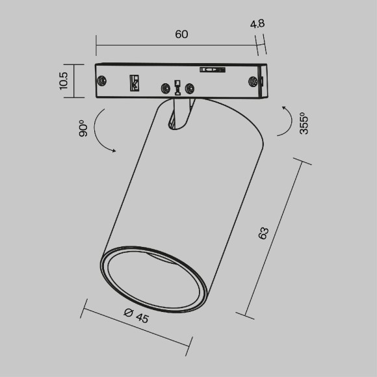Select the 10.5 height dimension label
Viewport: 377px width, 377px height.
point(63,82)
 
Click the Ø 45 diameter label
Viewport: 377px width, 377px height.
point(135,317)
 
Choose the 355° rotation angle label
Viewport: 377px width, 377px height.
point(303,123)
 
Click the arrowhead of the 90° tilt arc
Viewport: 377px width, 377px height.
point(114,151)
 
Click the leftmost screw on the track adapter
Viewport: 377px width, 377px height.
point(102,81)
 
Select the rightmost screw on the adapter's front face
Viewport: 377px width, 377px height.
point(253,82)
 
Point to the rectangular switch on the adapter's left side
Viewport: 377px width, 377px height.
point(134,83)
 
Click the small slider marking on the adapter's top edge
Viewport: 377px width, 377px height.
point(212,68)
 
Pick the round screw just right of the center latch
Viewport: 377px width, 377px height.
point(190,88)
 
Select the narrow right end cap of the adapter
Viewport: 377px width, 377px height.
point(263,81)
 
